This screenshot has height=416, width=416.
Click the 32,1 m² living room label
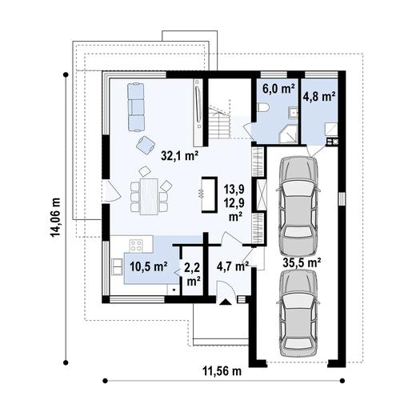179,156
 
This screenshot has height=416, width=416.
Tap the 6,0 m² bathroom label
278,89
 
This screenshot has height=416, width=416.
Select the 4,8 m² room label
319,96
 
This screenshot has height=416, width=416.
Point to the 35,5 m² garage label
302,262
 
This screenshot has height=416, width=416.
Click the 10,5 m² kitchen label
149,266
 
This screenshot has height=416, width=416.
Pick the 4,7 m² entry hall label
233,266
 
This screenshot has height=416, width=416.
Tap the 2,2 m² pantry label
194,274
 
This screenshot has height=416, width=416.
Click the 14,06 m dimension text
55,218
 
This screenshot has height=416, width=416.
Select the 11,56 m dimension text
222,371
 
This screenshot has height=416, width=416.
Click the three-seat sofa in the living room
136,107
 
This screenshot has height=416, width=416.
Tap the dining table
150,197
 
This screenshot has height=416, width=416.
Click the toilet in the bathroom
263,108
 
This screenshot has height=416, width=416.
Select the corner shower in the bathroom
288,135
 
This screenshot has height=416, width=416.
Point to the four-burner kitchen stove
136,246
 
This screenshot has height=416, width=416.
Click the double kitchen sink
117,266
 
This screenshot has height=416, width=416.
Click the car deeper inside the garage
298,206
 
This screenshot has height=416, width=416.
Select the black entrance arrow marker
226,302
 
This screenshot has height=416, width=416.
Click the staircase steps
219,123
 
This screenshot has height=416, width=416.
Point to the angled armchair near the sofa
146,144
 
